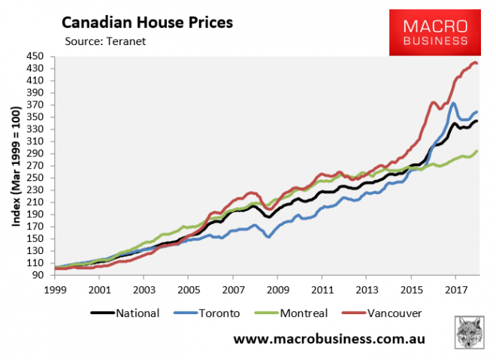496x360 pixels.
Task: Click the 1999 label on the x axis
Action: coord(55,290)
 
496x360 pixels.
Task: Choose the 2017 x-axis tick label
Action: coord(455,290)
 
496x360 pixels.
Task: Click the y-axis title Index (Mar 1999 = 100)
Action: coord(15,166)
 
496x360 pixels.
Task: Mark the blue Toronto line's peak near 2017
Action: coord(453,103)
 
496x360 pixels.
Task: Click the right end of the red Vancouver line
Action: coord(478,63)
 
